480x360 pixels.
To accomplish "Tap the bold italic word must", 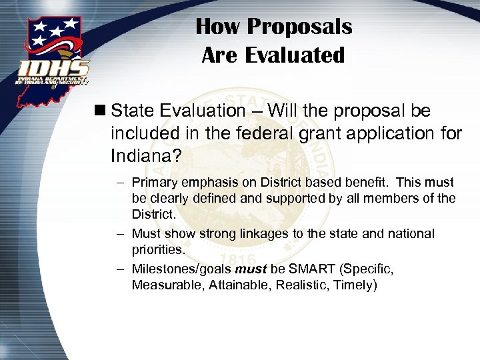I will [x=251, y=269].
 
